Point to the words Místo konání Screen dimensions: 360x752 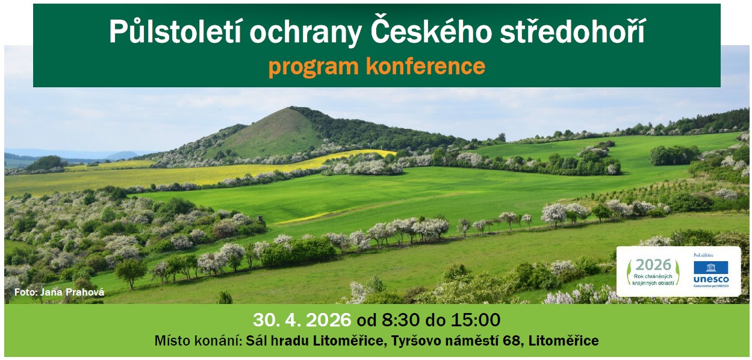[x=197, y=341]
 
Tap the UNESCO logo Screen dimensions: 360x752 [x=710, y=273]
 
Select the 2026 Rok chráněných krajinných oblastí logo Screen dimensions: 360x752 [x=653, y=272]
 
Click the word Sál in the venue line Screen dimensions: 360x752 [x=258, y=341]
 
